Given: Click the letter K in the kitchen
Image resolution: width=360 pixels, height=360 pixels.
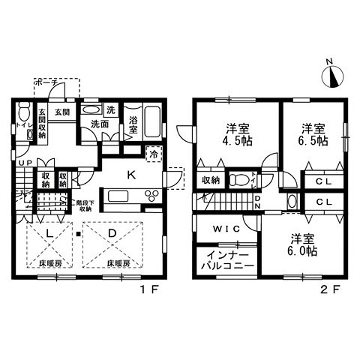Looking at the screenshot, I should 130,177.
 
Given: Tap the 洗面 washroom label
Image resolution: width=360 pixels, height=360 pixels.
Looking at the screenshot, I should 93,124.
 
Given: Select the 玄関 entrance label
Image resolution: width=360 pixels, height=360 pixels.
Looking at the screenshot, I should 61,112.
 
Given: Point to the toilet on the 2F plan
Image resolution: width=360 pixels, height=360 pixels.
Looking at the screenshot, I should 239,180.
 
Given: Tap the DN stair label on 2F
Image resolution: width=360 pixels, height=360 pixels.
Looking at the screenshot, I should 256,202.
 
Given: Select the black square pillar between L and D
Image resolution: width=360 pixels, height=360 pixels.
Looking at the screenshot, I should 78,239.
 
